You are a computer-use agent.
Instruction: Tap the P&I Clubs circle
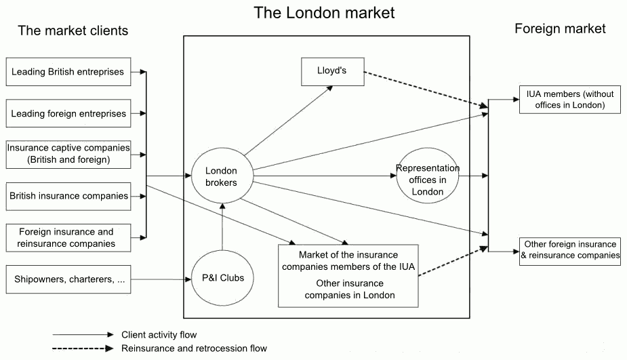point(222,277)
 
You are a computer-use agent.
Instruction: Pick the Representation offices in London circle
point(428,180)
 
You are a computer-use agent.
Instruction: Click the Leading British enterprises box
point(68,71)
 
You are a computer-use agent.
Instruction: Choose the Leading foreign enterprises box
point(68,113)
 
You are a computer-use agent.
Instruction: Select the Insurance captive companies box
point(68,155)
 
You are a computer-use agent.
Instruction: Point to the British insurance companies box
point(68,196)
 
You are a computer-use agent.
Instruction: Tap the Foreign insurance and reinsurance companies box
point(68,237)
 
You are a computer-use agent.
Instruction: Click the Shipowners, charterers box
point(68,279)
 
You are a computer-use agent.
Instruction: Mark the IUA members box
point(571,100)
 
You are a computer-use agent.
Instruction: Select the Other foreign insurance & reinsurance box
point(571,249)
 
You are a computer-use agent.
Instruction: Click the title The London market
point(324,12)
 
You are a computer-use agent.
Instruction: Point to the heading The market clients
point(73,31)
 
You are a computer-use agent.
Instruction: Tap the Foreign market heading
point(560,28)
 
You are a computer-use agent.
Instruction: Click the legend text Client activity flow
point(159,334)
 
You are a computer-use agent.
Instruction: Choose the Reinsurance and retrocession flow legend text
point(194,348)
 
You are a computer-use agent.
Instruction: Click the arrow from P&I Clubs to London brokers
point(222,231)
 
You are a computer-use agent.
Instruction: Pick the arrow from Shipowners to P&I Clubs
point(163,279)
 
